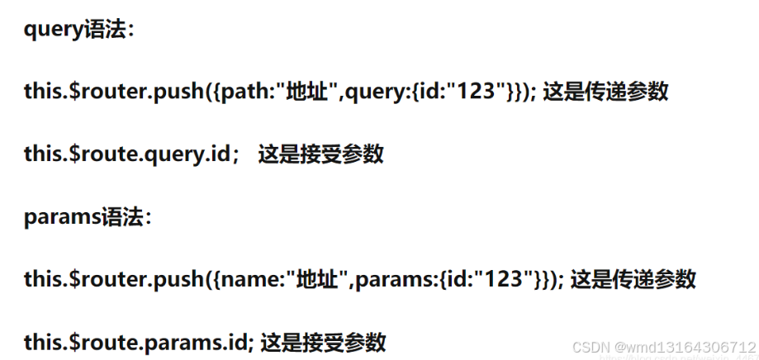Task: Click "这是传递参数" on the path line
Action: (605, 92)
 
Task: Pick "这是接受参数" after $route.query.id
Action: (321, 154)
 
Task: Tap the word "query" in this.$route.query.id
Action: (173, 154)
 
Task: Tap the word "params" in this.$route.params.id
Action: (179, 341)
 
